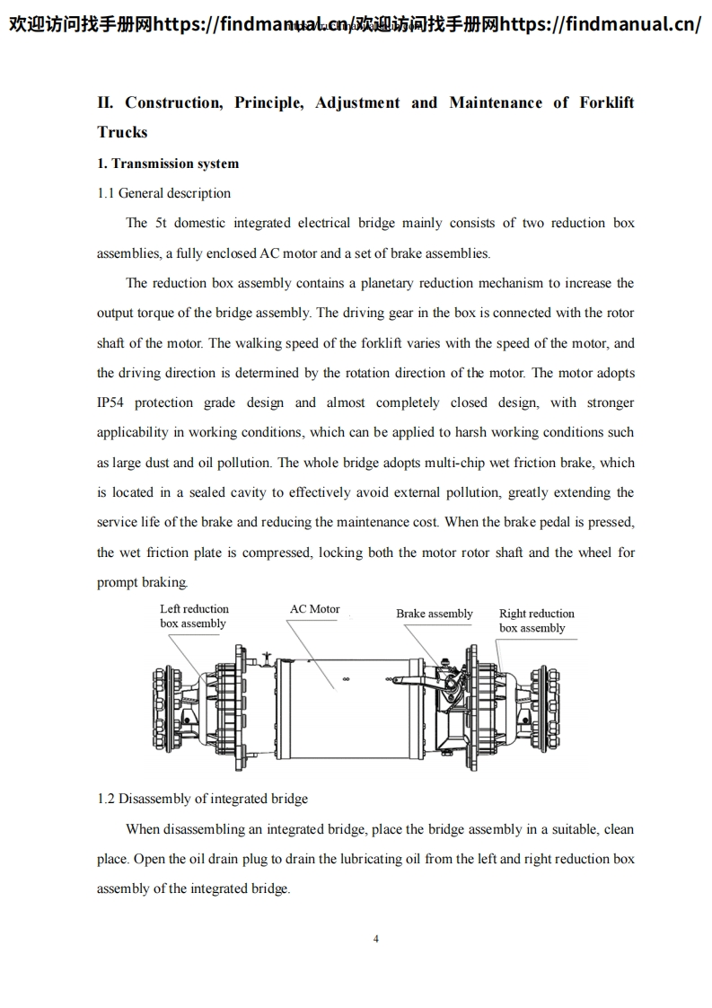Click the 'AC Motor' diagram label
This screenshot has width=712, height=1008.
click(314, 609)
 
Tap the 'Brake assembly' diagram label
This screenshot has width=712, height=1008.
click(435, 614)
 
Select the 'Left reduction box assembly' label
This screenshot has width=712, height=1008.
click(194, 616)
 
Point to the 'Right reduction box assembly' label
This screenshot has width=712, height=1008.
click(536, 621)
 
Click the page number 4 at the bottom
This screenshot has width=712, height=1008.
click(375, 939)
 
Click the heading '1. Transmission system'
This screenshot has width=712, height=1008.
click(168, 164)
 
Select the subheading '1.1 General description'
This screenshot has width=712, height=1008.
click(163, 193)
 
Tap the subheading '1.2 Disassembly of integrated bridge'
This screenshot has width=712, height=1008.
click(202, 799)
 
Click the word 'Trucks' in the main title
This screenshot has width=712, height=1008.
click(122, 132)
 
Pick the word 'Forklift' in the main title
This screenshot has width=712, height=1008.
click(606, 102)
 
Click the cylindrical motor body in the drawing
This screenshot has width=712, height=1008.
click(346, 705)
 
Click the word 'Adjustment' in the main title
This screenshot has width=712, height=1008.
click(357, 102)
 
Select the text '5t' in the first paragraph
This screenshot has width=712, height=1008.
click(162, 223)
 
